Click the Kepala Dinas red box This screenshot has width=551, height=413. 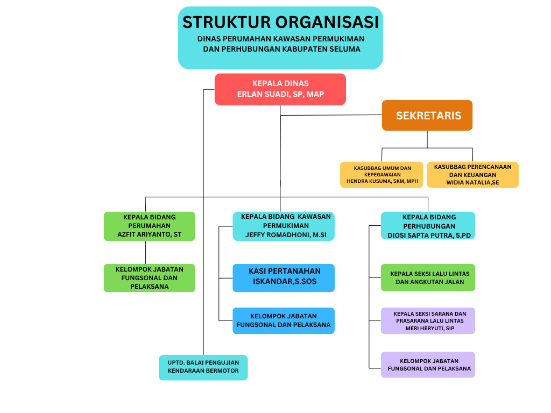click(x=280, y=89)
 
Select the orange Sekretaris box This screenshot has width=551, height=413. click(x=427, y=116)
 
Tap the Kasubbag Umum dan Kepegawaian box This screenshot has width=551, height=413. click(x=382, y=175)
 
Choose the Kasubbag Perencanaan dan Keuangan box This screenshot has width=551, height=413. click(x=472, y=175)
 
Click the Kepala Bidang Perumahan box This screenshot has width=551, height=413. click(x=149, y=226)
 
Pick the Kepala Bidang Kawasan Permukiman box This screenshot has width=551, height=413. click(x=284, y=226)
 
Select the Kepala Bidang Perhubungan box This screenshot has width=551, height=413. click(x=428, y=226)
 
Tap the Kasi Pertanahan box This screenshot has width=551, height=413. click(x=284, y=278)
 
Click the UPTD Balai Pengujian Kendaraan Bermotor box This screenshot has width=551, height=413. click(x=203, y=367)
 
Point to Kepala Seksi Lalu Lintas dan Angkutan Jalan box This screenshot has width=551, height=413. click(x=428, y=277)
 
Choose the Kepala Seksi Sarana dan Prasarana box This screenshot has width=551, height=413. click(x=428, y=321)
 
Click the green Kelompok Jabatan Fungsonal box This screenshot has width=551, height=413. click(x=149, y=278)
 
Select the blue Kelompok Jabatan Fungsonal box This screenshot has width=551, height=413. click(x=284, y=321)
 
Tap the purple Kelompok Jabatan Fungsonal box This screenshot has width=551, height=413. click(x=428, y=365)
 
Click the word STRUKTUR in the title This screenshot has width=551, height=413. click(x=226, y=23)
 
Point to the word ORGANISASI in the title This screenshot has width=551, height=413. click(x=327, y=23)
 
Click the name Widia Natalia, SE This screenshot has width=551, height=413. click(x=472, y=183)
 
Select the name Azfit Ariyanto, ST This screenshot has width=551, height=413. click(x=149, y=234)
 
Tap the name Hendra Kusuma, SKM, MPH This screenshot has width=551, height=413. click(x=382, y=181)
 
